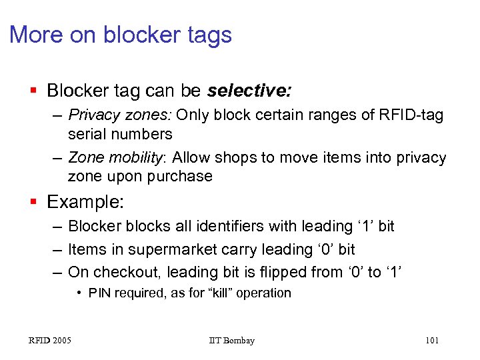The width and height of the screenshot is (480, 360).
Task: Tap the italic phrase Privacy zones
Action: click(x=121, y=115)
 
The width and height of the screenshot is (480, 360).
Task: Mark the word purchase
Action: click(x=181, y=176)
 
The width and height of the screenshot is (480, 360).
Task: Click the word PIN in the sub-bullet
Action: click(x=99, y=293)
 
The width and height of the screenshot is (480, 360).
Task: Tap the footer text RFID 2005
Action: click(x=50, y=341)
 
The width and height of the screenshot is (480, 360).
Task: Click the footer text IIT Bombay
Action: click(x=231, y=341)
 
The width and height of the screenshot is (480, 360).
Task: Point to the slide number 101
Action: click(x=431, y=341)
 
